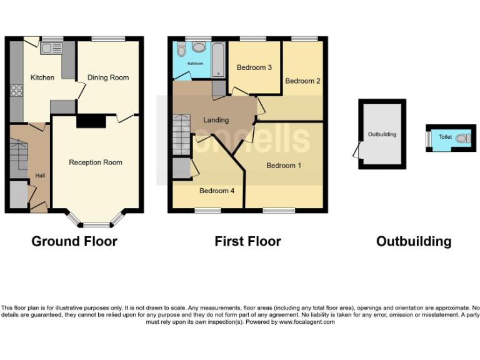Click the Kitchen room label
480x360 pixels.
pyautogui.click(x=42, y=77)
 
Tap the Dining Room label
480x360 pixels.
pyautogui.click(x=108, y=77)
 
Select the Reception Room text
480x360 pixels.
pyautogui.click(x=96, y=162)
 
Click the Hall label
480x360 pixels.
pyautogui.click(x=40, y=175)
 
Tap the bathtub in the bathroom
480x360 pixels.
pyautogui.click(x=219, y=60)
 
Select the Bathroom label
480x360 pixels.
pyautogui.click(x=188, y=64)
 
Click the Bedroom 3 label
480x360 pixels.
pyautogui.click(x=254, y=68)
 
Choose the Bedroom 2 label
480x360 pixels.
pyautogui.click(x=303, y=81)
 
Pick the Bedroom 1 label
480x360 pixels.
pyautogui.click(x=284, y=166)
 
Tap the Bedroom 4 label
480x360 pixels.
pyautogui.click(x=217, y=191)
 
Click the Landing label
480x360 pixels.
pyautogui.click(x=216, y=120)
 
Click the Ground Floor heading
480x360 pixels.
pyautogui.click(x=74, y=241)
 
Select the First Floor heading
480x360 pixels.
pyautogui.click(x=247, y=241)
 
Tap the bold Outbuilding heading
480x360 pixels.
pyautogui.click(x=413, y=241)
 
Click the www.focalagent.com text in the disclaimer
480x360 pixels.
pyautogui.click(x=307, y=322)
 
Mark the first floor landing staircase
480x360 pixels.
pyautogui.click(x=181, y=134)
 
